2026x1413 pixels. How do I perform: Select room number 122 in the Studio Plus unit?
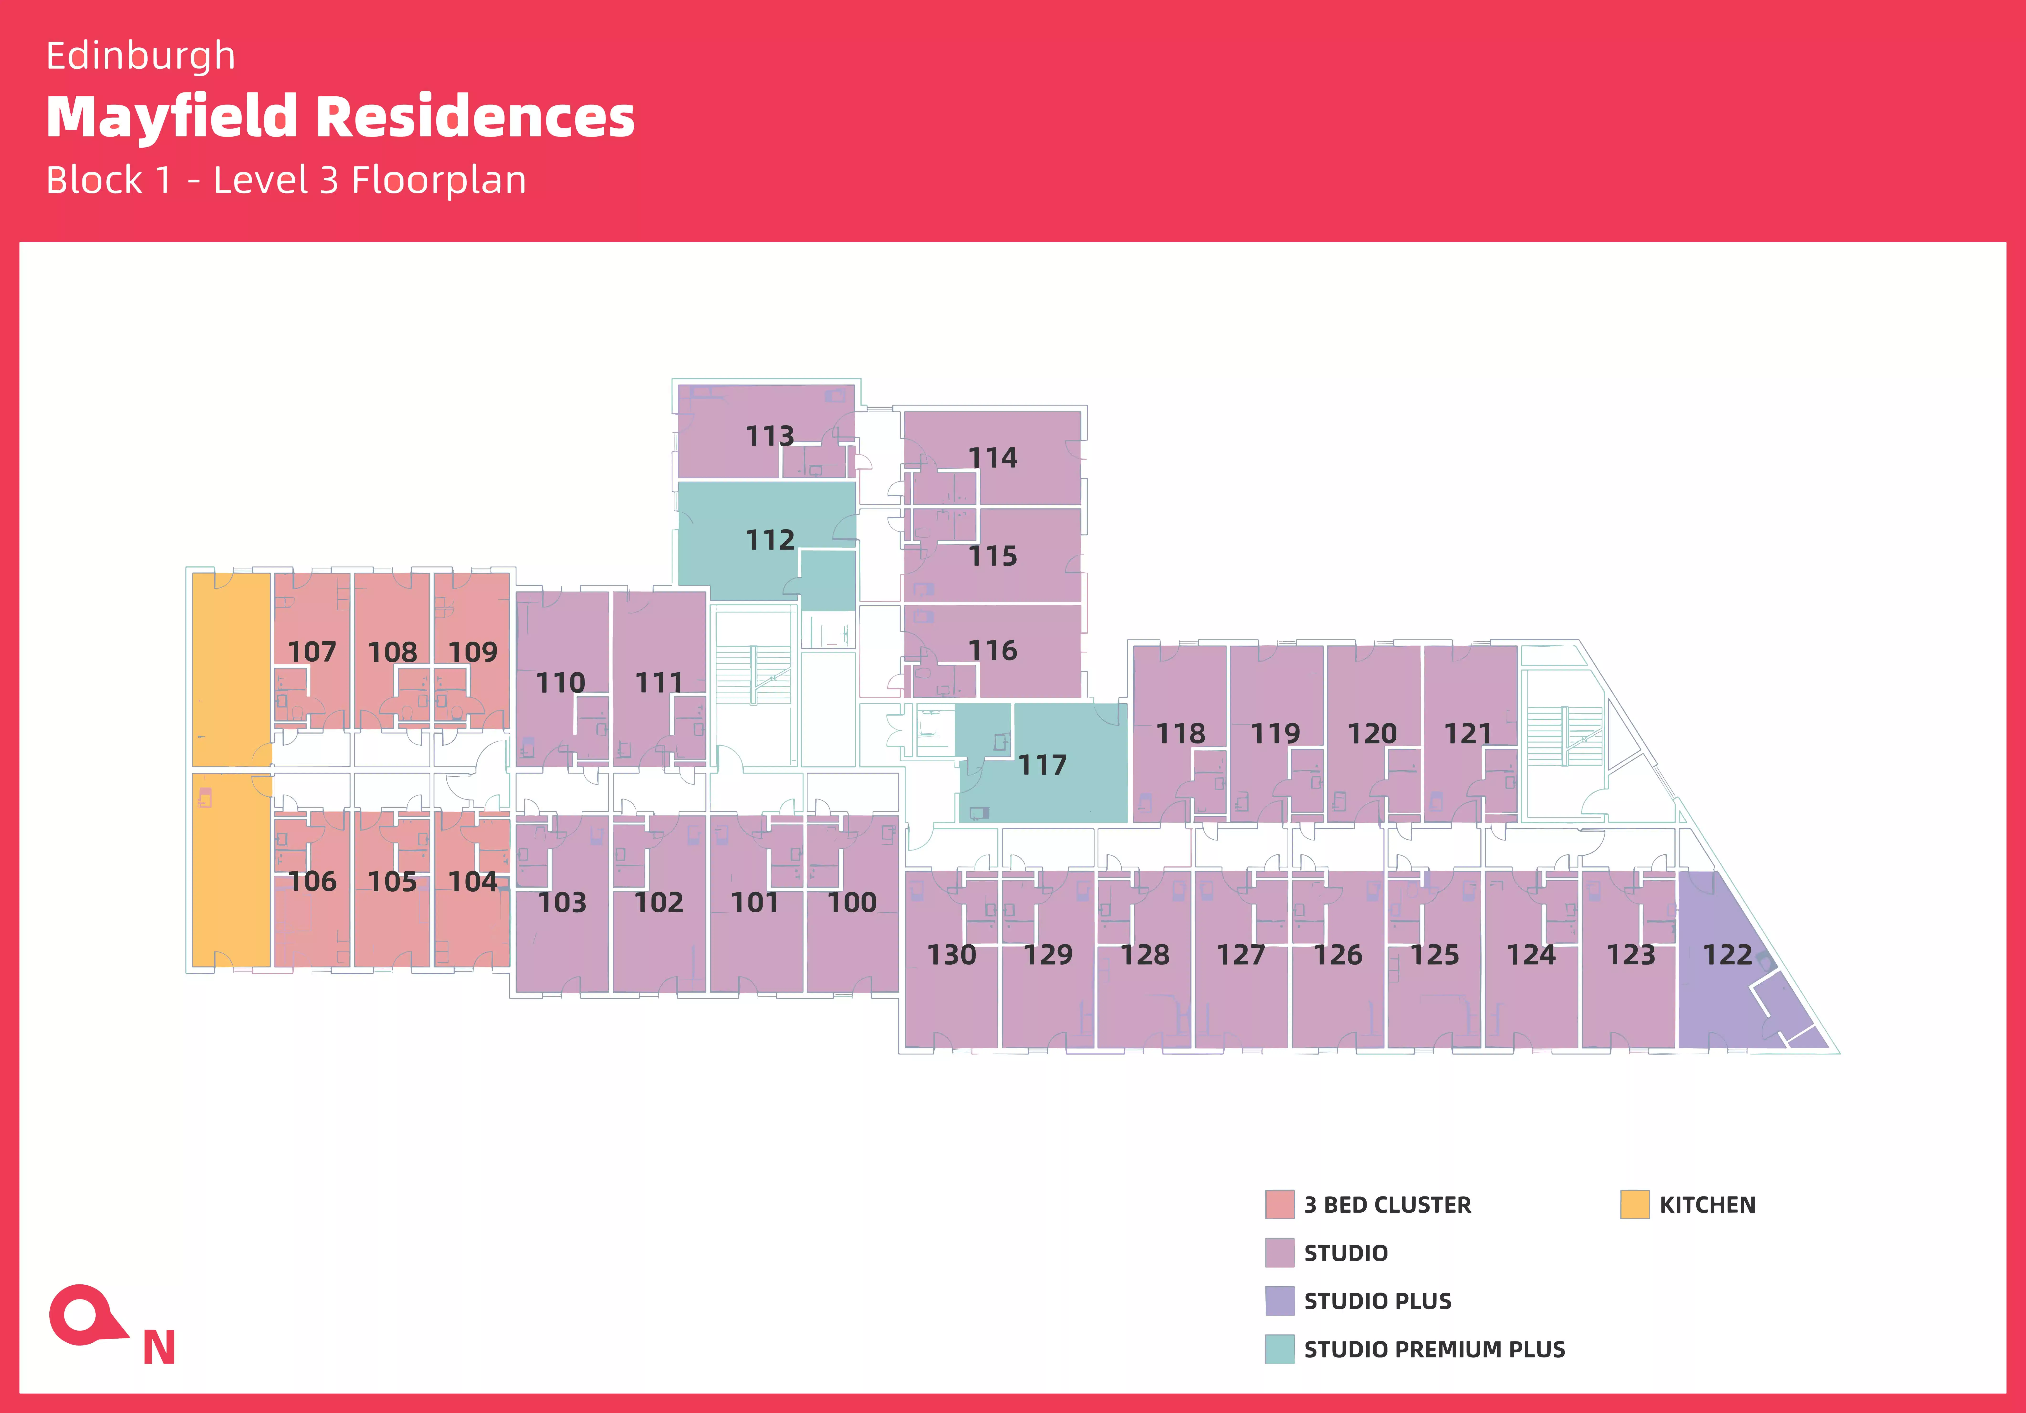pos(1727,954)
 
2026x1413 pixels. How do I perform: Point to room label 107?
pos(312,652)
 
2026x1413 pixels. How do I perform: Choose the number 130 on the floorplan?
pos(951,954)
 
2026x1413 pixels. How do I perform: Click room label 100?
pos(851,902)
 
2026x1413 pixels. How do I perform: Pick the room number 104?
pos(473,881)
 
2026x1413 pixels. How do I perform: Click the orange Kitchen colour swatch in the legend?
pos(1634,1205)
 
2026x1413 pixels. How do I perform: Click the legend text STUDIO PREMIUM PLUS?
pos(1434,1350)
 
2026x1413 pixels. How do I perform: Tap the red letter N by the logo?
pos(159,1348)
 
